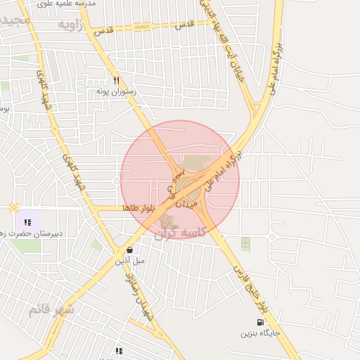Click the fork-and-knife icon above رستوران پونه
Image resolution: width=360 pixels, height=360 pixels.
point(117,80)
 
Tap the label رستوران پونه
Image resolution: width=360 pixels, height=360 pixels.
point(117,92)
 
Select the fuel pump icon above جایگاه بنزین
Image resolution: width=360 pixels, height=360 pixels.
point(262,323)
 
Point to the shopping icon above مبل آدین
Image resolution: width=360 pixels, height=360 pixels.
point(129,250)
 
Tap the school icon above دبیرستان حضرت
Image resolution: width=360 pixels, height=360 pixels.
point(27,222)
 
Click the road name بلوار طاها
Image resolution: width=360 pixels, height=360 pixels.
point(136,209)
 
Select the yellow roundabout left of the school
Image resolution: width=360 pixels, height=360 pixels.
point(14,207)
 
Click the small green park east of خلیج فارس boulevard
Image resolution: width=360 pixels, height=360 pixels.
point(245,244)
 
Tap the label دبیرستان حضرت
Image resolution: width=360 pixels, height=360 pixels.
point(32,233)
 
